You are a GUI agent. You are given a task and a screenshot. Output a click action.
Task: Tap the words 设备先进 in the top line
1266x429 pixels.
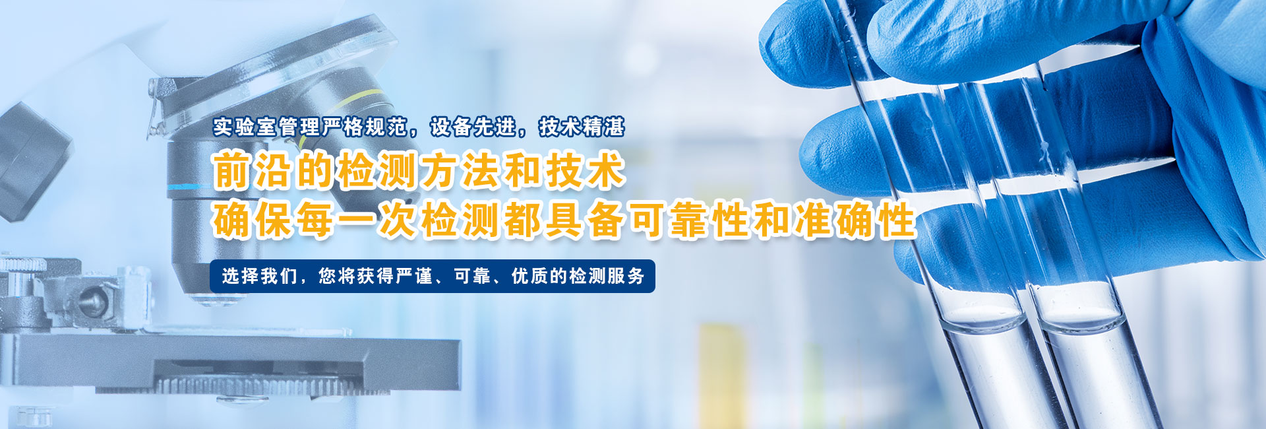click(x=473, y=126)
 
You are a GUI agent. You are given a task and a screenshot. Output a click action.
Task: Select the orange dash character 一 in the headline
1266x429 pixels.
click(x=356, y=220)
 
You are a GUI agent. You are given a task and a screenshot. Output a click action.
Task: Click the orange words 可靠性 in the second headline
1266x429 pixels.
click(x=688, y=220)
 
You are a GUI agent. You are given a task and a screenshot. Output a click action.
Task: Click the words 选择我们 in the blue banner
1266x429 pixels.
click(x=259, y=276)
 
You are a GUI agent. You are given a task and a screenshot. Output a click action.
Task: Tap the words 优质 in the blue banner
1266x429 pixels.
click(x=530, y=276)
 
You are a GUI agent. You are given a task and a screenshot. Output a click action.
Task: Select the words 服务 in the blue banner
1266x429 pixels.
click(x=626, y=276)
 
